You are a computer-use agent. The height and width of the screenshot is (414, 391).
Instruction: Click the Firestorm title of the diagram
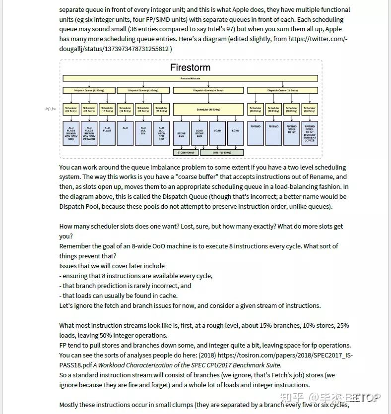[190, 67]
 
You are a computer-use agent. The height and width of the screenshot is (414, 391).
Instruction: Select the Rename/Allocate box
[190, 79]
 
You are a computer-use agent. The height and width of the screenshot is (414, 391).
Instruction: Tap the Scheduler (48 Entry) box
[208, 110]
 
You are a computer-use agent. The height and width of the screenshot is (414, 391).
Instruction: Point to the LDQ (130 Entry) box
[221, 152]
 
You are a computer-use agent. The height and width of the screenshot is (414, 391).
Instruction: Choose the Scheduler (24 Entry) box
[71, 110]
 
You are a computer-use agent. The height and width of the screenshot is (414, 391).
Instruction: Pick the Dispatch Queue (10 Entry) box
[208, 90]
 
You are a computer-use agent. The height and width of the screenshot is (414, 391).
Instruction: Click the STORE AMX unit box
[181, 133]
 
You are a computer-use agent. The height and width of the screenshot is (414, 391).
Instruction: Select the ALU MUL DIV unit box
[143, 132]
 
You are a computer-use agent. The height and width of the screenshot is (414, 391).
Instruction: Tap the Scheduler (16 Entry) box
[107, 110]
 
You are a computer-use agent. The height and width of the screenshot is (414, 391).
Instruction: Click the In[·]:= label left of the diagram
[50, 109]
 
